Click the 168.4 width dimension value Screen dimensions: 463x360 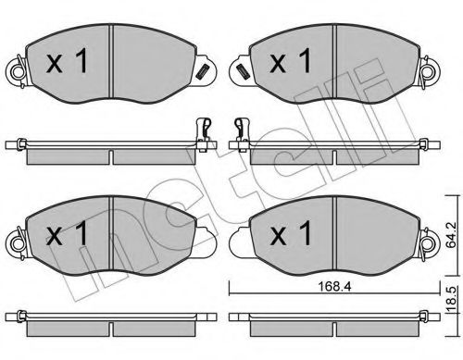point(334,287)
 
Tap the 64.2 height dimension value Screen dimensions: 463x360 point(452,235)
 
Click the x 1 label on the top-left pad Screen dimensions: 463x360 point(67,62)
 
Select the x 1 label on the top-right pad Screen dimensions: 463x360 point(291,62)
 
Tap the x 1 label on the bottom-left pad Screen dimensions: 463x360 point(67,233)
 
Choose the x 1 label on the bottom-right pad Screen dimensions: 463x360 point(291,233)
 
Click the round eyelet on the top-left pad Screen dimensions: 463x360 point(18,72)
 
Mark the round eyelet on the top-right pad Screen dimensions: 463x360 point(430,72)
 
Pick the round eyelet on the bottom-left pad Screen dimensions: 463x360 point(18,243)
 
